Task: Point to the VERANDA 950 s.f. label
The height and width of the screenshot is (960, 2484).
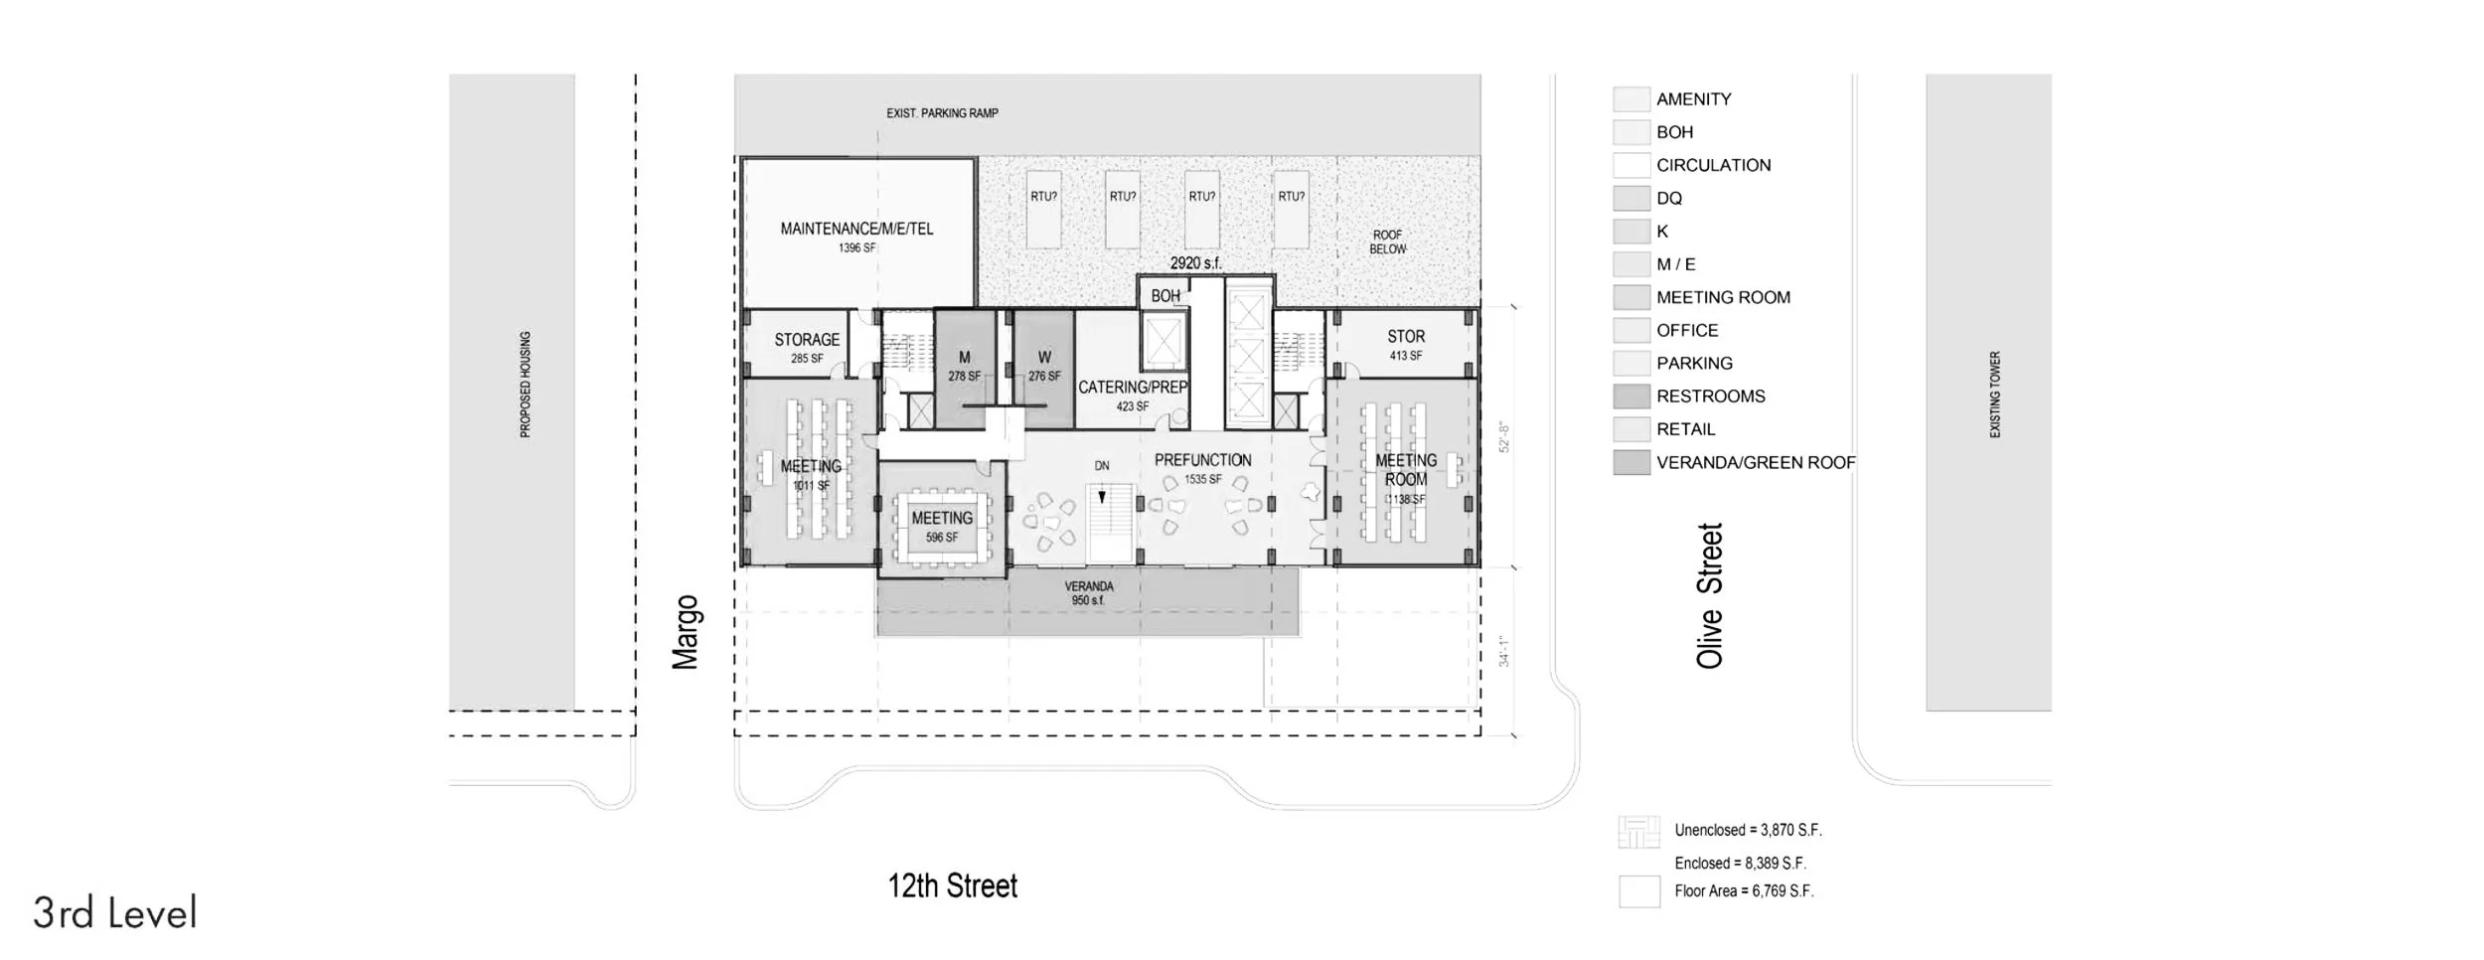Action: (1089, 593)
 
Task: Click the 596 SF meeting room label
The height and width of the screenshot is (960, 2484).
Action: (942, 527)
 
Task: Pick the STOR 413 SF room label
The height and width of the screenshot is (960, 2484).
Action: (1406, 345)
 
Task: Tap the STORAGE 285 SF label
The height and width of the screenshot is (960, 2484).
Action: (807, 348)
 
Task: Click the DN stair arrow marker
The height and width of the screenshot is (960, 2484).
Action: (1102, 496)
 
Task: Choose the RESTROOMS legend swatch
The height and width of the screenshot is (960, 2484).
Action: (1631, 397)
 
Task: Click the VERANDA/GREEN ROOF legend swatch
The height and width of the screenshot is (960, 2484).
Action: (1631, 462)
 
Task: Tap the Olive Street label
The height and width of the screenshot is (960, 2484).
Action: (1709, 595)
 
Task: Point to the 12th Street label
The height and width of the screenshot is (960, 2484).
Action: (952, 885)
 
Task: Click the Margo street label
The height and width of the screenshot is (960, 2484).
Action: (686, 632)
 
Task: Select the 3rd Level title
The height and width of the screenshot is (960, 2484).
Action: (115, 913)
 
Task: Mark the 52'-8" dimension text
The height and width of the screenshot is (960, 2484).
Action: (1504, 438)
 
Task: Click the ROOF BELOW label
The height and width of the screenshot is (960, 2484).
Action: (1387, 242)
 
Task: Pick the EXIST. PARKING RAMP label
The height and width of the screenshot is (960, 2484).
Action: (942, 113)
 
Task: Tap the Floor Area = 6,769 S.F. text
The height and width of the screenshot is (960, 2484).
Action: (1744, 891)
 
